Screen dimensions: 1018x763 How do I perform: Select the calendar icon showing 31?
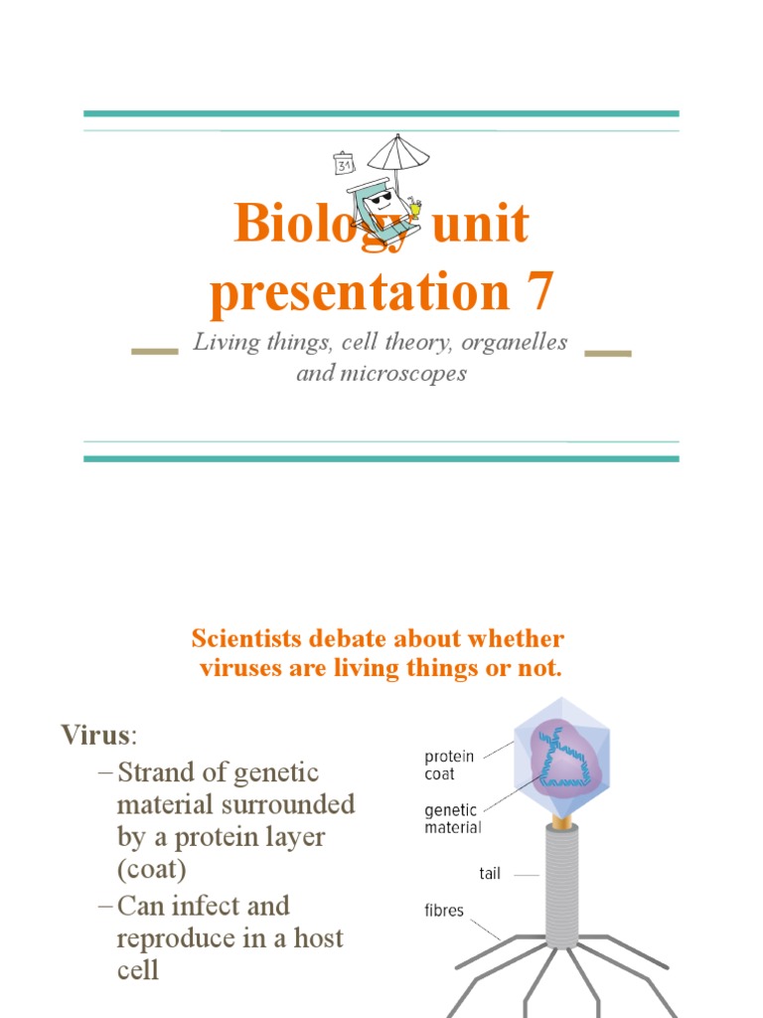click(x=345, y=164)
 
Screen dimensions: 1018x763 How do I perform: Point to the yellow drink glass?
click(x=414, y=209)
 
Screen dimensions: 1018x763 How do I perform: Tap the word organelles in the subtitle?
click(x=514, y=342)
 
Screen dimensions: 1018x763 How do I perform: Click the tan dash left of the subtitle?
click(x=154, y=351)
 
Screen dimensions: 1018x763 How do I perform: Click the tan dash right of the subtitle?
click(x=608, y=351)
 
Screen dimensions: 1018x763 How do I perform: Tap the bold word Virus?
click(x=95, y=736)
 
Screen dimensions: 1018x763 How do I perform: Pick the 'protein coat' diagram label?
click(x=450, y=764)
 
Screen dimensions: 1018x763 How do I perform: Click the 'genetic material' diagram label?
click(x=453, y=818)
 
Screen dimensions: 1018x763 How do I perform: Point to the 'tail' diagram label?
click(x=490, y=874)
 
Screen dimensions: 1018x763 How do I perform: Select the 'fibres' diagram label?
click(x=444, y=910)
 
